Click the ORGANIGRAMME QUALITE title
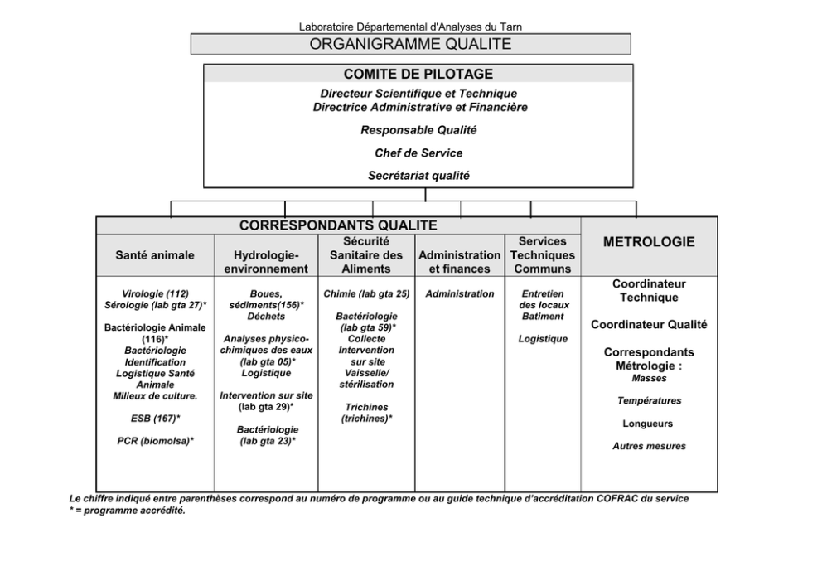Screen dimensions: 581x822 point(410,44)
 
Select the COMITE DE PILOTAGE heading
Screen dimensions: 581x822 point(418,74)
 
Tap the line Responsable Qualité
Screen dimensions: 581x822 point(418,130)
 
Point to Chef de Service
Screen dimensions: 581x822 point(418,153)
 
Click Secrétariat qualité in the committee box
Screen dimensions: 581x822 point(418,175)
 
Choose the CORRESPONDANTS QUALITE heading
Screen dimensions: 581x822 point(338,225)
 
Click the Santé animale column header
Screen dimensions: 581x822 point(155,255)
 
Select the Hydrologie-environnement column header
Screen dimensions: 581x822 point(266,262)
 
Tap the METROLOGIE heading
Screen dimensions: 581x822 point(649,242)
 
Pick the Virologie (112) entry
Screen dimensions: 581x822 point(155,293)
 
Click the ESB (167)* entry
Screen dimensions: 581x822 point(155,418)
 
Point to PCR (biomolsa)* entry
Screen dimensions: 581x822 point(155,441)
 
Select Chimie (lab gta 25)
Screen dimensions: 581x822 point(366,293)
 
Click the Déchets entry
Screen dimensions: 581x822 point(266,317)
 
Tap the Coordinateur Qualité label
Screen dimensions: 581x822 point(649,325)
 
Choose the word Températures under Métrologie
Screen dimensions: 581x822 point(649,401)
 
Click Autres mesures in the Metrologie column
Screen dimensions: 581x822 point(649,446)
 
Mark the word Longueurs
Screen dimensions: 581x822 point(649,424)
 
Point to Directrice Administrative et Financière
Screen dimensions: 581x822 point(418,107)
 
